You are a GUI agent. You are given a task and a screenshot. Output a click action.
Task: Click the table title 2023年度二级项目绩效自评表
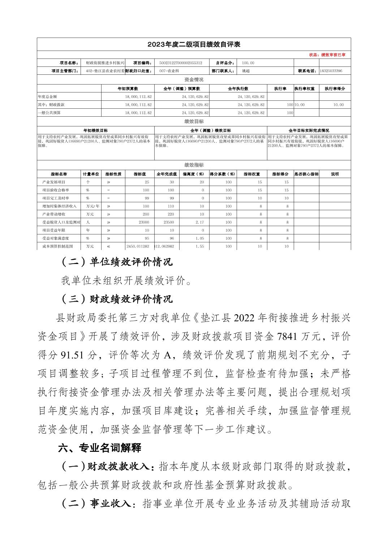194,45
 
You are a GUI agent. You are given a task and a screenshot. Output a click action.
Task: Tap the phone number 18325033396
331,71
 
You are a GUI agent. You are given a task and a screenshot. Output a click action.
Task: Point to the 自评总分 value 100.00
248,63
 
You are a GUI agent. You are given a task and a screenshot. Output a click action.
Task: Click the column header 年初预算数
128,88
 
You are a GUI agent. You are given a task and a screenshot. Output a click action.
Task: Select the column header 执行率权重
304,88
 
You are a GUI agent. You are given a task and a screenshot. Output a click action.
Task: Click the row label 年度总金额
47,97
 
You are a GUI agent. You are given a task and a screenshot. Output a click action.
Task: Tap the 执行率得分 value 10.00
339,105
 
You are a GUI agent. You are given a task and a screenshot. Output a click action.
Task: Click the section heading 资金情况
194,80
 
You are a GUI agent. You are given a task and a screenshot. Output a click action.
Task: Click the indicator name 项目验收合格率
56,190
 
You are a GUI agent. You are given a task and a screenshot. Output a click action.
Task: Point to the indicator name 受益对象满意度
56,238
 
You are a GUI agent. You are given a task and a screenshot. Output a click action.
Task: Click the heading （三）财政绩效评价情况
117,299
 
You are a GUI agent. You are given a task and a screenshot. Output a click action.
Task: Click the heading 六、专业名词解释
100,448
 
